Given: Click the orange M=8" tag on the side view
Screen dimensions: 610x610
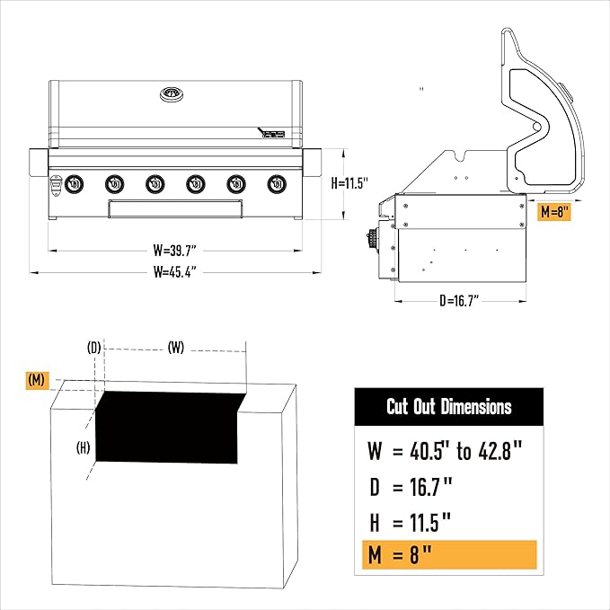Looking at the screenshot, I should (553, 212).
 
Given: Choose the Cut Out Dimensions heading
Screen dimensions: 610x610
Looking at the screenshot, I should (448, 407).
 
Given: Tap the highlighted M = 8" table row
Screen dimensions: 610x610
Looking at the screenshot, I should (446, 555).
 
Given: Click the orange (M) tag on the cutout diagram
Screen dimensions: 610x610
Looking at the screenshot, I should (37, 380).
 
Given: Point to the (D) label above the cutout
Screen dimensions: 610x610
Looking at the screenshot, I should (93, 348).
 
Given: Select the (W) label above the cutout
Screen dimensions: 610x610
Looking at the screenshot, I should (176, 348).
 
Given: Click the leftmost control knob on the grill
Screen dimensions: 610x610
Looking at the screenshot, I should (74, 184).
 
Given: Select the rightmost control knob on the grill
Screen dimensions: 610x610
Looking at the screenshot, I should (275, 184).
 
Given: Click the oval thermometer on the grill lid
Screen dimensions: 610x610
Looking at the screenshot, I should (171, 94).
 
